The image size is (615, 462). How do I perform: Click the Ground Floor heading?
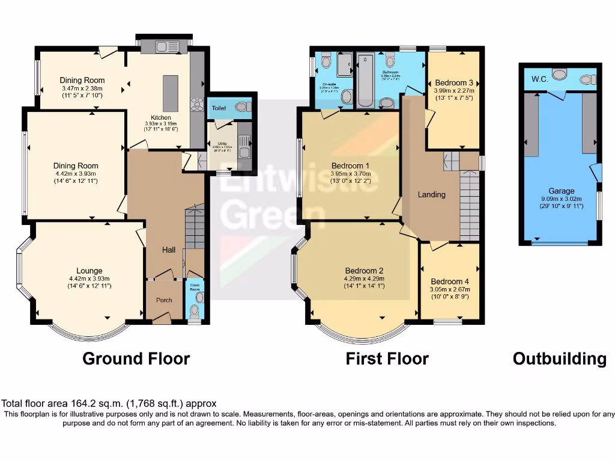(136, 359)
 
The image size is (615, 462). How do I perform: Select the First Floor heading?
(387, 359)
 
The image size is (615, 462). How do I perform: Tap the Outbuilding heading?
(559, 359)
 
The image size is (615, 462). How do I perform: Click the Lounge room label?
(89, 271)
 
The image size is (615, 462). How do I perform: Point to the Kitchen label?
(161, 117)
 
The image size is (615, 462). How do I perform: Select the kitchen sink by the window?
(163, 46)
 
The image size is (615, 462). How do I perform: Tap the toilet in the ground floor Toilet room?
(241, 106)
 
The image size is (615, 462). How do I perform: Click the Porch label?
(164, 300)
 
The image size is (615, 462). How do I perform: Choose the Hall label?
(169, 249)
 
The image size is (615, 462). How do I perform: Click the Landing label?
(432, 194)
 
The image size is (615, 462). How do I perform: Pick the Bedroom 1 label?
(351, 166)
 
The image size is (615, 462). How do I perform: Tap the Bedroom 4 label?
(450, 282)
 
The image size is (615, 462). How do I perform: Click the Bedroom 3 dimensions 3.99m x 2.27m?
(454, 91)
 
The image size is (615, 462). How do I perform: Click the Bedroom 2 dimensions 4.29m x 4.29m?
(365, 279)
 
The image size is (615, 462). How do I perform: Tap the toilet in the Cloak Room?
(193, 310)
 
